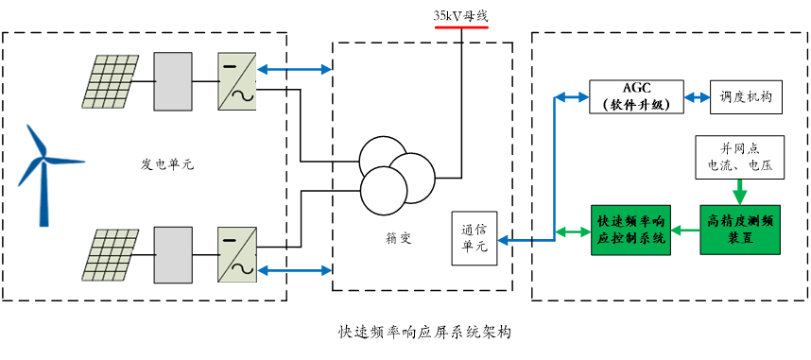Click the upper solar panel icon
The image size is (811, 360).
112,81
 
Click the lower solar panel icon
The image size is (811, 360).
112,255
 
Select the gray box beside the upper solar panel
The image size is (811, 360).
173,81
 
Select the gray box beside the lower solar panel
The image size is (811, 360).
173,255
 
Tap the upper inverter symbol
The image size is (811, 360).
236,82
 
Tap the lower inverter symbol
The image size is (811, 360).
236,255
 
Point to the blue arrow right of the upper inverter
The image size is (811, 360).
295,69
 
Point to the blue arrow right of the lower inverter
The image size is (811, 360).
295,271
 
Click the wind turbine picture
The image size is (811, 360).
50,172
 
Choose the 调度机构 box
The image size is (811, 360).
746,96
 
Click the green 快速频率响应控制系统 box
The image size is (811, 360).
630,230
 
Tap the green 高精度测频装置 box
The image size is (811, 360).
740,230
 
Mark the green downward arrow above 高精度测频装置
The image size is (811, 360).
739,189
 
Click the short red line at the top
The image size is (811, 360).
461,28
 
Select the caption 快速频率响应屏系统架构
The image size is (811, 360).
424,333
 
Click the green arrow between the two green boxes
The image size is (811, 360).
685,230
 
